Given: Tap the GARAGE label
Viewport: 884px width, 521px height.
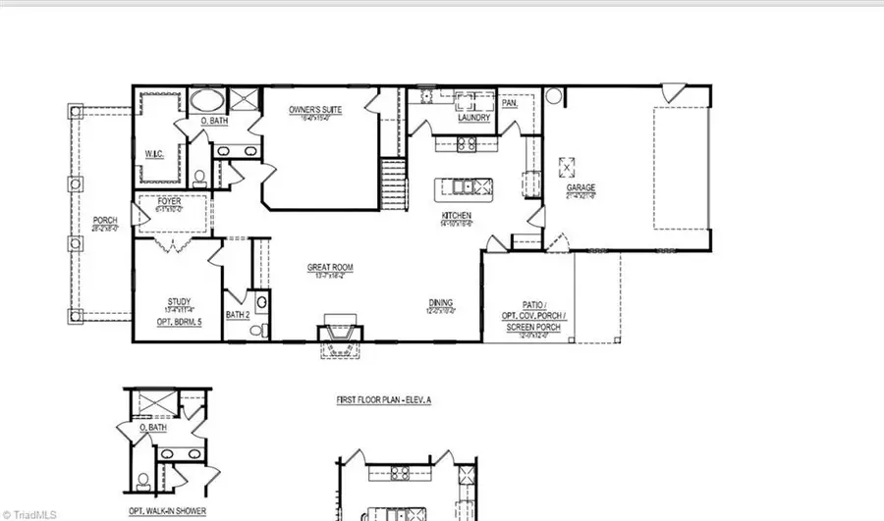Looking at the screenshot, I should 580,187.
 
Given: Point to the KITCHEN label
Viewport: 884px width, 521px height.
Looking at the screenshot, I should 456,215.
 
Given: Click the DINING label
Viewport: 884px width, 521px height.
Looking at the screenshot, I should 440,302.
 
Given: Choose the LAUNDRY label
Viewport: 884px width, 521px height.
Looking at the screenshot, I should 473,118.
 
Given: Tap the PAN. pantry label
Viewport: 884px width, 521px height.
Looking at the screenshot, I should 510,102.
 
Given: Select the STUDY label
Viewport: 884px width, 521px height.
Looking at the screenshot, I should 179,301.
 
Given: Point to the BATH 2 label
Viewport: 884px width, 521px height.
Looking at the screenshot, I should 238,314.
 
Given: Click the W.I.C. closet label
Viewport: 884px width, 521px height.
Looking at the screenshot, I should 153,153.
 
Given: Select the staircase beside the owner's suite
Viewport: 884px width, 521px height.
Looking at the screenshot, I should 393,182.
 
